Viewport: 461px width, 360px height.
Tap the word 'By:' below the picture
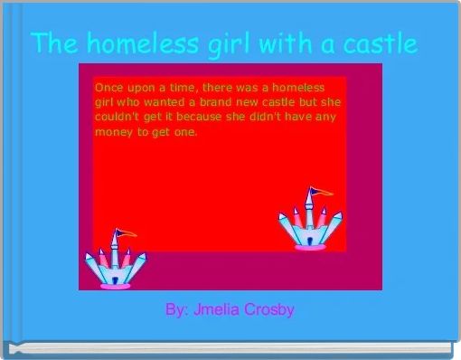pyautogui.click(x=176, y=309)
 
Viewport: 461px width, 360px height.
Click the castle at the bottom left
pyautogui.click(x=116, y=262)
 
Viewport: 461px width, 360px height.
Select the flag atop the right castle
pyautogui.click(x=315, y=192)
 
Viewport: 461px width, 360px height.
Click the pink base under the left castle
pyautogui.click(x=116, y=284)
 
